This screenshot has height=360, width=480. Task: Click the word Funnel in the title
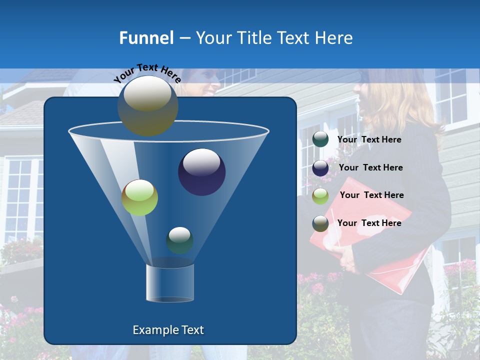pos(146,38)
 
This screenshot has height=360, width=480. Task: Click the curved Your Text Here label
pos(147,73)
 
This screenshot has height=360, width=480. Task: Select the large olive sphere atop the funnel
pos(147,105)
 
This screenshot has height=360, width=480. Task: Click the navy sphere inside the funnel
pos(201,171)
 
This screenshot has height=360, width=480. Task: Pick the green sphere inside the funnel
pos(139,197)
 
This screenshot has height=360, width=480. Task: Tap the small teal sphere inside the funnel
pos(179,240)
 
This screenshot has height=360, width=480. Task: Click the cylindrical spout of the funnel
pos(169,283)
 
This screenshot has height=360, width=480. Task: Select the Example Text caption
pos(168,330)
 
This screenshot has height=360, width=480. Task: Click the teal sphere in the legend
pos(320,139)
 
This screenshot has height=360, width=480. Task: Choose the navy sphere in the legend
pos(320,168)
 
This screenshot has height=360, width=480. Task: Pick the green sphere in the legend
pos(320,196)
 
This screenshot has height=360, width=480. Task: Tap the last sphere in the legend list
pos(320,223)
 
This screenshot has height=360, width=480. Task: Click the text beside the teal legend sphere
pos(369,140)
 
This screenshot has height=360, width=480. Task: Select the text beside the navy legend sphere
pos(370,168)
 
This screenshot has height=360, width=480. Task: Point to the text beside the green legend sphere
pos(371,195)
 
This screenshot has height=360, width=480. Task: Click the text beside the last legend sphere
pos(369,223)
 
